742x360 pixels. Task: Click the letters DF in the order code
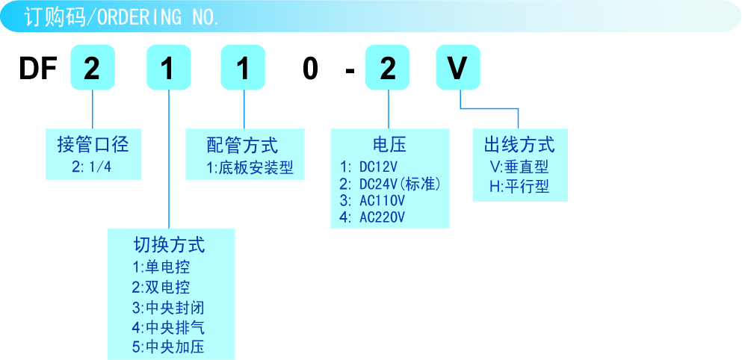click(x=38, y=69)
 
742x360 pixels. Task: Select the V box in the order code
click(x=457, y=69)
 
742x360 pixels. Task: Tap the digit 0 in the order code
click(x=310, y=69)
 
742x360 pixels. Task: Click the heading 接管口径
click(x=93, y=143)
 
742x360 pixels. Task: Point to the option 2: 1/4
click(x=92, y=167)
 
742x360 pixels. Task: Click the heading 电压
click(x=389, y=143)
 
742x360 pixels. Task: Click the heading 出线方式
click(x=519, y=143)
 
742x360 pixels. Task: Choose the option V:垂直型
click(x=519, y=167)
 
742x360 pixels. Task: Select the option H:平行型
click(x=519, y=187)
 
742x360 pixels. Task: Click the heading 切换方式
click(x=169, y=244)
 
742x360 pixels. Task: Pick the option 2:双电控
click(x=161, y=287)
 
